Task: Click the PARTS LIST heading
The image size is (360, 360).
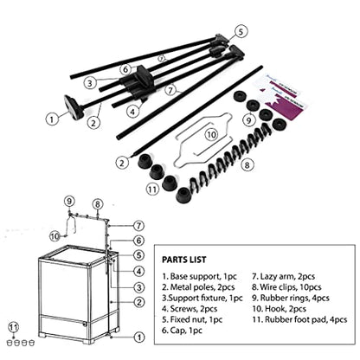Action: coord(184,260)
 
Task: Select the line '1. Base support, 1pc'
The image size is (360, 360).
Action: coord(199,276)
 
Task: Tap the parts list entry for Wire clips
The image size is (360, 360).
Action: coord(286,287)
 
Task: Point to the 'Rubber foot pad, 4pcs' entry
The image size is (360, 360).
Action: coord(299,319)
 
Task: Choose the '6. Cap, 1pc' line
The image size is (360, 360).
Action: coord(182,330)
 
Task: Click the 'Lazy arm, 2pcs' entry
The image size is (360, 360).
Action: coord(284,276)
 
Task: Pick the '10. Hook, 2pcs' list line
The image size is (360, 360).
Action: coord(280,309)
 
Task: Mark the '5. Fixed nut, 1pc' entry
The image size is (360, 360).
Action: coord(192,319)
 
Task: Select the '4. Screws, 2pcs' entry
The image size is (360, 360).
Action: coord(190,309)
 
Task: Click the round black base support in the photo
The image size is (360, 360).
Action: coord(74,106)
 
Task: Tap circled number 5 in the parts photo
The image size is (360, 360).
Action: coord(241,31)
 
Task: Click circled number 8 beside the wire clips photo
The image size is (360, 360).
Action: coord(247,165)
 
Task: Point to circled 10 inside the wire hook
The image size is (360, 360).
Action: coord(212,135)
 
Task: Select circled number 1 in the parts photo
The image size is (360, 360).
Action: coord(52,119)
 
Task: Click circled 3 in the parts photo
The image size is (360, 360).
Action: coord(90,83)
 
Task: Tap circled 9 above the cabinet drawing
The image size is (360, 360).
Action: coord(69,201)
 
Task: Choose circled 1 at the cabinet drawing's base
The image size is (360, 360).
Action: coord(139,337)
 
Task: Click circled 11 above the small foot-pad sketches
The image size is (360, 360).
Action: coord(13,327)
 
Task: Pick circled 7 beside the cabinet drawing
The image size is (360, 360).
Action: coord(139,225)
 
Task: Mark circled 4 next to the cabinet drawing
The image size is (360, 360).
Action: coord(139,271)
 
